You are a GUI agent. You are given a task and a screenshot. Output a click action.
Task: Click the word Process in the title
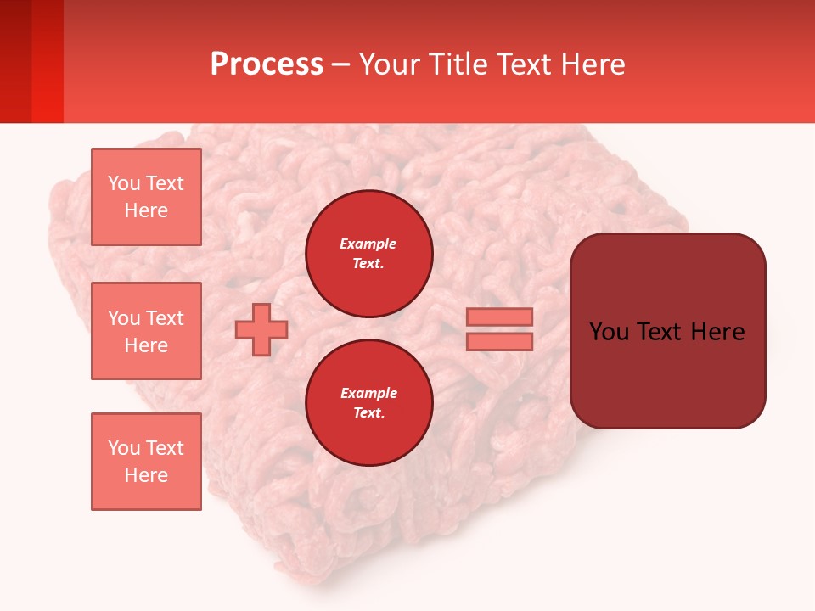pyautogui.click(x=267, y=64)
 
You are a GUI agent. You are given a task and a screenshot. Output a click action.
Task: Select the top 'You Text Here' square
pyautogui.click(x=146, y=197)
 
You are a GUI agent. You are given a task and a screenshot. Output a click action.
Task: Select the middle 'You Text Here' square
pyautogui.click(x=146, y=331)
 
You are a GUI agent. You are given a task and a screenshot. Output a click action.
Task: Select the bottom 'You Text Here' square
pyautogui.click(x=146, y=462)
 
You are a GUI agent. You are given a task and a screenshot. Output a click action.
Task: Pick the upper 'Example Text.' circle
pyautogui.click(x=369, y=254)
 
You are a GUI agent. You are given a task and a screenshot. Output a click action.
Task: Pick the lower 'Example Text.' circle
pyautogui.click(x=369, y=402)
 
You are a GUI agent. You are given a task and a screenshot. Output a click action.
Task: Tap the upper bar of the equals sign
pyautogui.click(x=500, y=317)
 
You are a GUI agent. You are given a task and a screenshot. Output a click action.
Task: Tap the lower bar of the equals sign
pyautogui.click(x=500, y=342)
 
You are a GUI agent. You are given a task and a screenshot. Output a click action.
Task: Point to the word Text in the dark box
pyautogui.click(x=660, y=332)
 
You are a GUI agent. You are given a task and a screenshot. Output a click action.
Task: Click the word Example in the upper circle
pyautogui.click(x=368, y=244)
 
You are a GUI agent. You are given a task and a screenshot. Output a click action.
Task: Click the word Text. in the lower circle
pyautogui.click(x=368, y=413)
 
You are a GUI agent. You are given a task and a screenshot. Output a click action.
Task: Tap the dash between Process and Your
pyautogui.click(x=341, y=64)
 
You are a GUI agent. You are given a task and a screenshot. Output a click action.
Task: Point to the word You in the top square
pyautogui.click(x=124, y=183)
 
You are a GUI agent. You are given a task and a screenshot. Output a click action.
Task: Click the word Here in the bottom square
pyautogui.click(x=146, y=475)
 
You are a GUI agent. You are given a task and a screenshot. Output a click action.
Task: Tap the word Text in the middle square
pyautogui.click(x=165, y=318)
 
